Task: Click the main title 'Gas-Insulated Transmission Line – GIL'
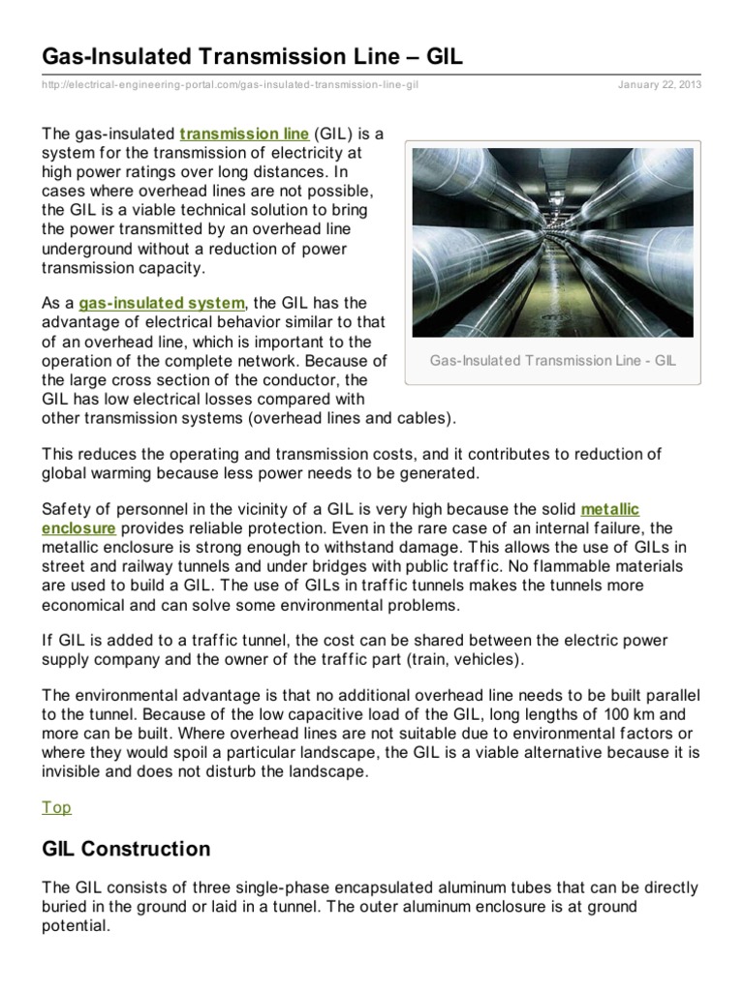click(x=252, y=57)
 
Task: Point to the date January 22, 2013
click(x=660, y=85)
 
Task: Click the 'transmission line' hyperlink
click(x=244, y=134)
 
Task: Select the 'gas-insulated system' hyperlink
click(x=163, y=303)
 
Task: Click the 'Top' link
click(x=56, y=807)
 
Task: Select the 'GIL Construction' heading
click(x=126, y=849)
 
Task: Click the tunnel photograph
click(x=552, y=242)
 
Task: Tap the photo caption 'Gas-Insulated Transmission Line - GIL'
click(x=552, y=361)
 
